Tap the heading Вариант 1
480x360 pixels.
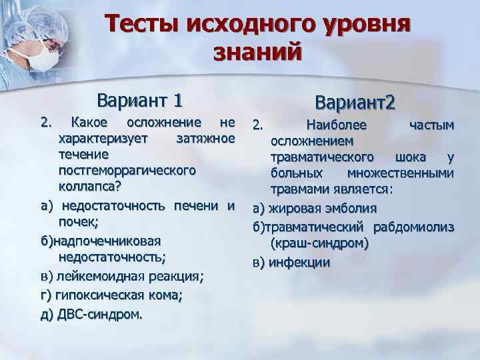pyautogui.click(x=139, y=101)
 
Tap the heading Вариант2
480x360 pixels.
pyautogui.click(x=356, y=103)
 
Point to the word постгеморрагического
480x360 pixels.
pyautogui.click(x=127, y=170)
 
